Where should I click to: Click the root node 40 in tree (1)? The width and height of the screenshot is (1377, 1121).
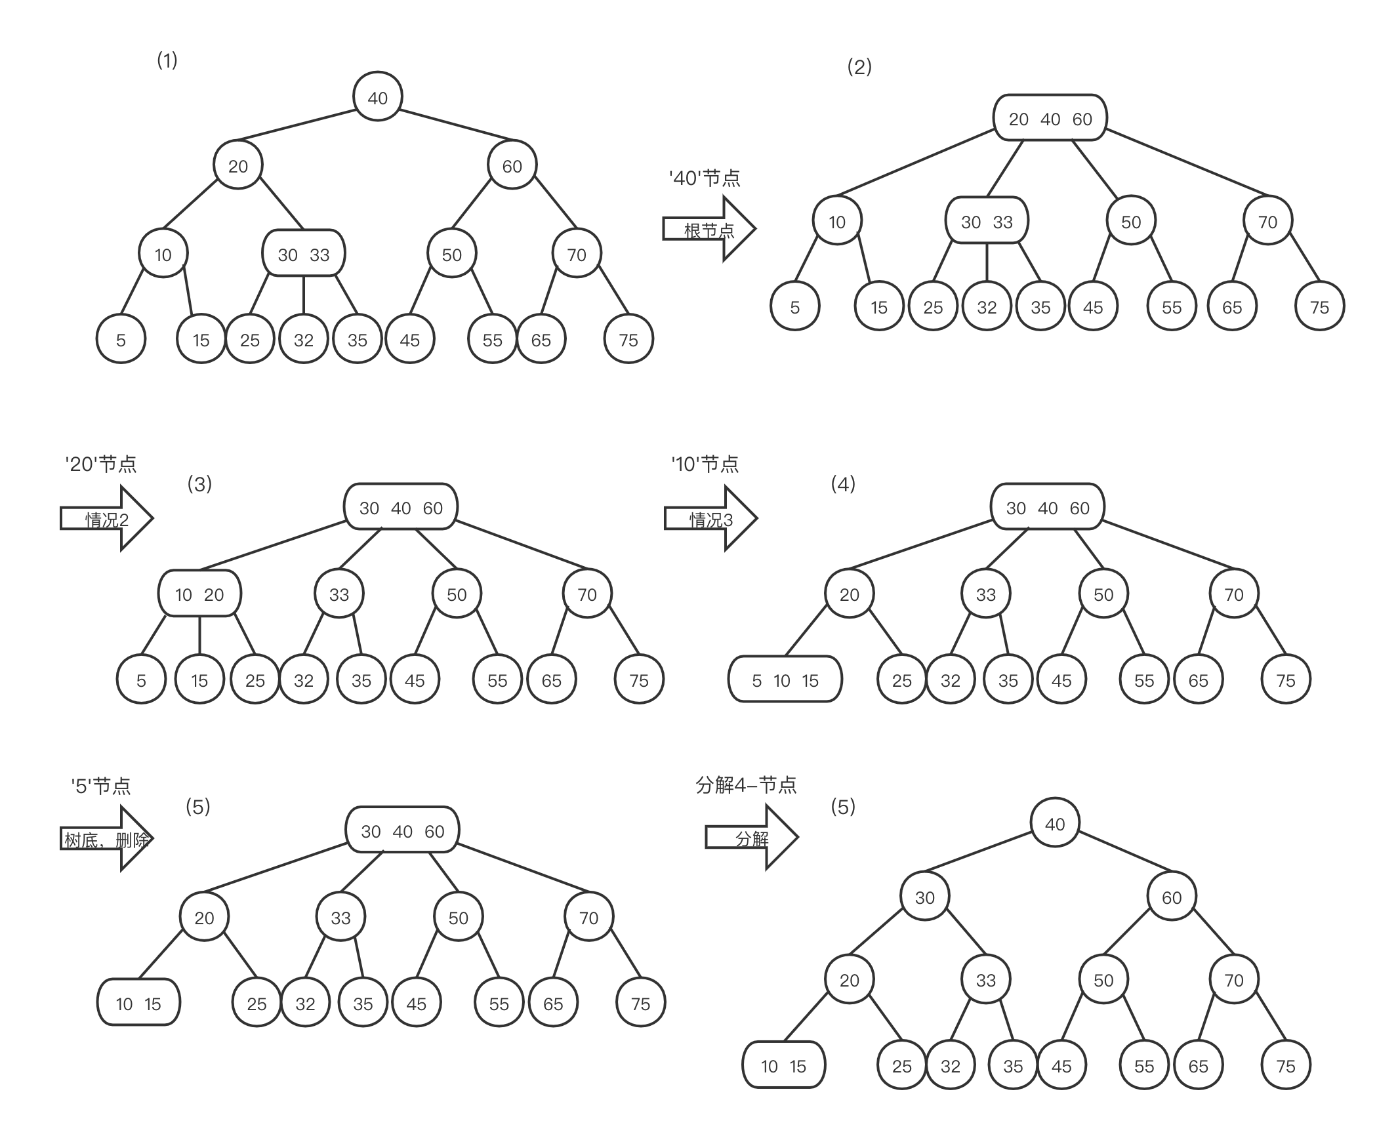pos(378,98)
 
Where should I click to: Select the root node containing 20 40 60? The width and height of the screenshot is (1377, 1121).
pos(1050,119)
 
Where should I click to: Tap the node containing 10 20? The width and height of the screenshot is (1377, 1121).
pos(199,594)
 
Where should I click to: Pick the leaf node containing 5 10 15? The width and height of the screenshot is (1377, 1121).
pos(785,680)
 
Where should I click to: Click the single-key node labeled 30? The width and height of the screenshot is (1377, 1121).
pos(924,897)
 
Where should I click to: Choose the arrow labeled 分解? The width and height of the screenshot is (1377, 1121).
pos(752,838)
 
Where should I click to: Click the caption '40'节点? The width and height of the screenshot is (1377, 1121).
pos(705,178)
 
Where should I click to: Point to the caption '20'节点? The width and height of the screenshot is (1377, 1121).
pos(101,464)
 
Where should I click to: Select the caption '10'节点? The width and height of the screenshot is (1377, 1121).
pos(705,464)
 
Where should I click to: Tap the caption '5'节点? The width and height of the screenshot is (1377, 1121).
pos(101,785)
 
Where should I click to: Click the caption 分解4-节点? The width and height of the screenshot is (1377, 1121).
pos(746,785)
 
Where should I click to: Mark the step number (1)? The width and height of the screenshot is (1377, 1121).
pos(167,60)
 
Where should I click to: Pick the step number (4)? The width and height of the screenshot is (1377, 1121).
pos(843,484)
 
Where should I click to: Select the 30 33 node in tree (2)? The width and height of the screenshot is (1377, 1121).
pos(987,222)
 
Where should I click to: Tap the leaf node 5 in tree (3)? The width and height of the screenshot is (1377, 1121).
pos(141,680)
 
